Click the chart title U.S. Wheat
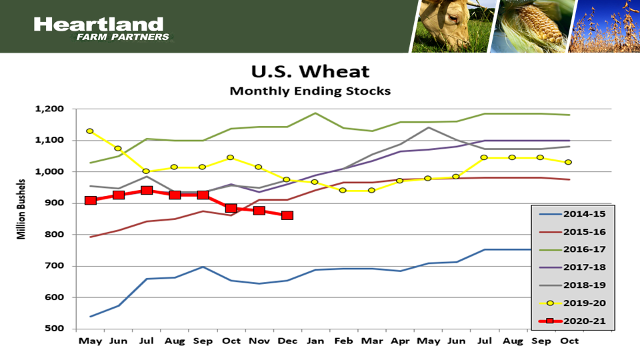click(x=309, y=71)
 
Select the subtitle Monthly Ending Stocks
click(x=309, y=90)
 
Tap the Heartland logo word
click(x=98, y=25)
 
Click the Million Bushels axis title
click(x=22, y=208)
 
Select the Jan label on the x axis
click(x=315, y=340)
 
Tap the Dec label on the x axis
click(x=287, y=340)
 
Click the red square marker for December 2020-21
click(x=287, y=215)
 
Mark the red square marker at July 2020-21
click(x=147, y=191)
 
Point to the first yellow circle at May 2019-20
click(x=90, y=131)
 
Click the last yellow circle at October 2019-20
click(x=569, y=162)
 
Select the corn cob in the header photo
click(x=533, y=27)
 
